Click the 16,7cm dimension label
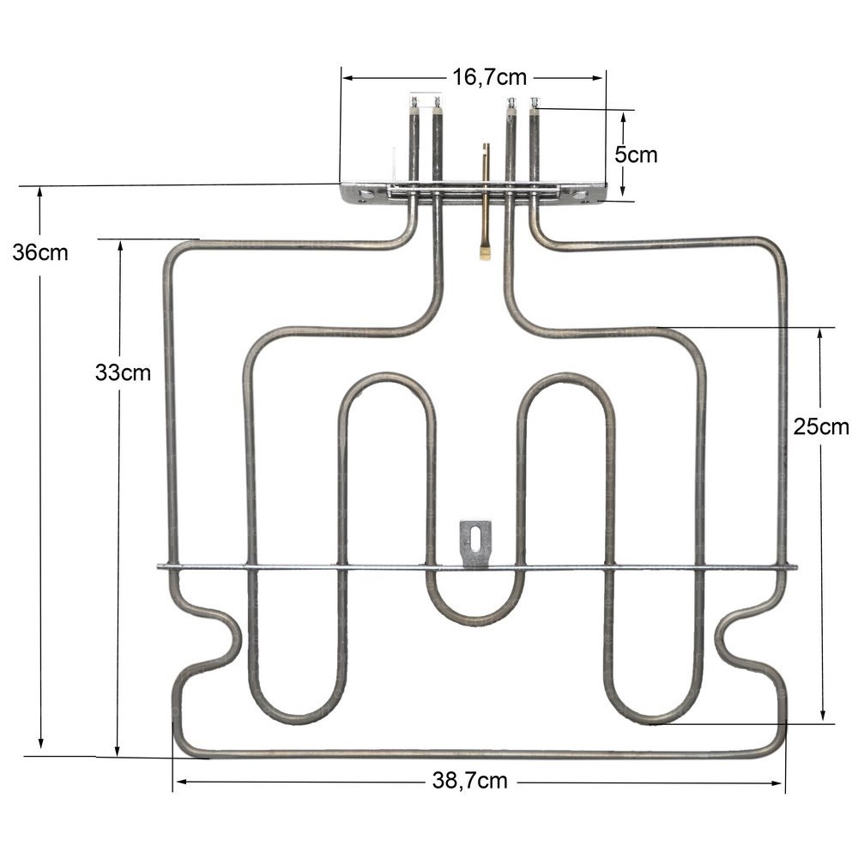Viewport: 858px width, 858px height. (489, 77)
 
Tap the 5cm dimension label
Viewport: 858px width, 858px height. (636, 154)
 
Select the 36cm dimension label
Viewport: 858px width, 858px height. (40, 252)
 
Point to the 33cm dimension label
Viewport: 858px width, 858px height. (123, 372)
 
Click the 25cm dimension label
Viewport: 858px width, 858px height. (821, 426)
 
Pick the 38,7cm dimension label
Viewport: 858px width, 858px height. (469, 780)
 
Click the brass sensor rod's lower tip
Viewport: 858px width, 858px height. (485, 254)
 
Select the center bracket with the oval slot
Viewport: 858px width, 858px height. (475, 543)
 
